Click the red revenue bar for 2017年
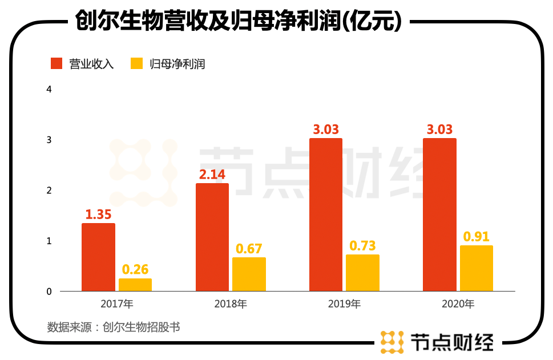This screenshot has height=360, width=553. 98,257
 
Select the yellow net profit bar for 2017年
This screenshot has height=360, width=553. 135,285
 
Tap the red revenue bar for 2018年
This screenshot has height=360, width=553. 212,237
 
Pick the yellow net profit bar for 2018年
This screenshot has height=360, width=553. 249,274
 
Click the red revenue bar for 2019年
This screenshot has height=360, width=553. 326,215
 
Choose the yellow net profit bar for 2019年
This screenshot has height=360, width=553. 362,273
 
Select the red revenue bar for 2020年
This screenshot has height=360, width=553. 439,215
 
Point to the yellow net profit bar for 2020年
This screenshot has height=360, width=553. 477,268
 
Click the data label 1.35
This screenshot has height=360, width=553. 98,215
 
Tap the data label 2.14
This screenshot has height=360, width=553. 212,175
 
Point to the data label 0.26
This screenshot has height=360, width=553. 135,269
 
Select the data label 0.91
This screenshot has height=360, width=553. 477,236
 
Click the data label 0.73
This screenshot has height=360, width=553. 362,245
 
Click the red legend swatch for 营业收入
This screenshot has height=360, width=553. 56,63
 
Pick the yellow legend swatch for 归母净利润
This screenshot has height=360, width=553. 136,63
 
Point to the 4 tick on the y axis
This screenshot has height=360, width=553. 49,90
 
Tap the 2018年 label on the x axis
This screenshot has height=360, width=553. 231,304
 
